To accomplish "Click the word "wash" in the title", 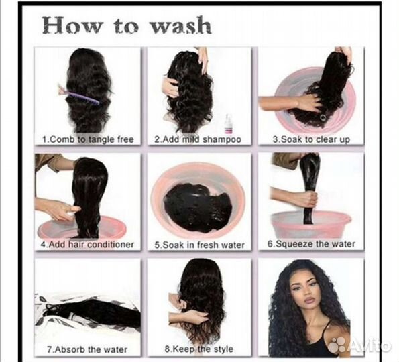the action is pos(180,26).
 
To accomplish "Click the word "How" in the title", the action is pos(73,25).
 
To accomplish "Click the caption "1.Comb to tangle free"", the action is pos(88,139).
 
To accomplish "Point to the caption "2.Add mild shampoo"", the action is pos(198,139).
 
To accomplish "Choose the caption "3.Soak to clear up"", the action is pos(311,139).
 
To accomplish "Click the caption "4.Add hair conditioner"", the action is pos(87,245).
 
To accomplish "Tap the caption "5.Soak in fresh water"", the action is pos(200,245).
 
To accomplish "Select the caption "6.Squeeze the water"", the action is pos(311,244).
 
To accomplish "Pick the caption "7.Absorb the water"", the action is pos(87,349).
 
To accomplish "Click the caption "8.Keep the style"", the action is pos(198,349).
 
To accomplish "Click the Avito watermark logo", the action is pos(359,345).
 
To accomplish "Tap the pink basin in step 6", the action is pos(311,224).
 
